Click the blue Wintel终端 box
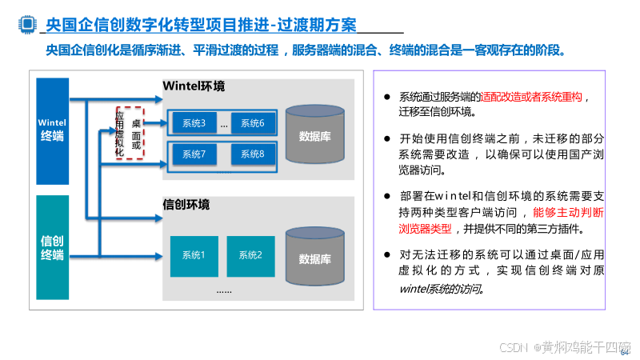(53, 130)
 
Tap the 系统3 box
(194, 123)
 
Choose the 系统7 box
(194, 154)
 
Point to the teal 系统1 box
(194, 255)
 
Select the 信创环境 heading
(186, 205)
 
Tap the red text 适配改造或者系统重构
(532, 97)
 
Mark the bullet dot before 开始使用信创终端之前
(387, 137)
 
